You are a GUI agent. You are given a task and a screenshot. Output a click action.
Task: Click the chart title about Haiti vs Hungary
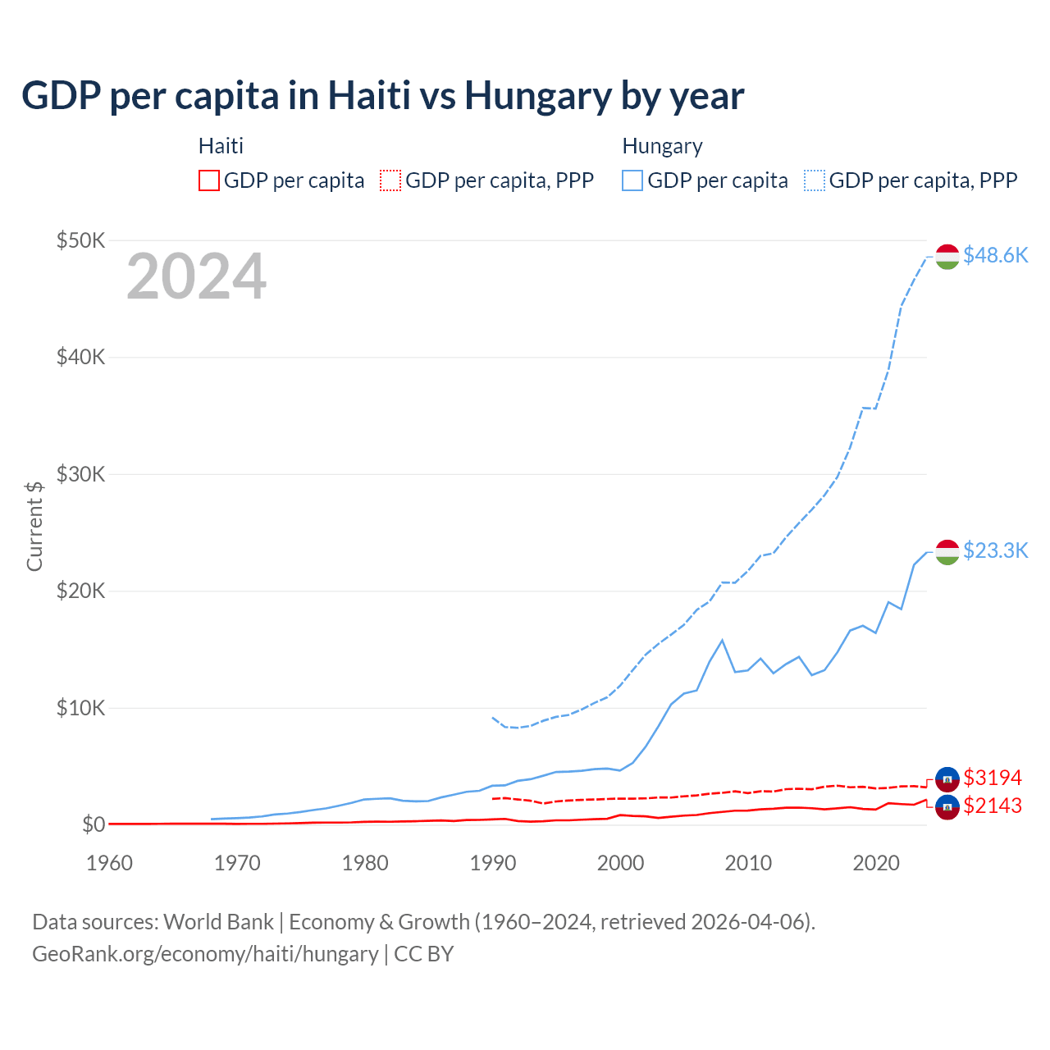point(382,96)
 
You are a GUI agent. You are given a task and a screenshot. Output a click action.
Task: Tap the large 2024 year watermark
point(196,276)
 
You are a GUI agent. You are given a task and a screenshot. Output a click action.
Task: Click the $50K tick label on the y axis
point(80,240)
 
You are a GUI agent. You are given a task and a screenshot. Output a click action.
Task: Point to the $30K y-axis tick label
point(80,474)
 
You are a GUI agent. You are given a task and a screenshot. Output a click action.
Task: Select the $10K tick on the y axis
point(80,708)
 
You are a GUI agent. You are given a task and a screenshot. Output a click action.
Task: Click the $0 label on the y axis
point(94,824)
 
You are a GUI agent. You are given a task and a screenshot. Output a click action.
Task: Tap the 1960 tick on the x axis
point(109,863)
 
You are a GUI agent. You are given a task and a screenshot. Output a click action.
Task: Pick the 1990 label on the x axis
point(493,863)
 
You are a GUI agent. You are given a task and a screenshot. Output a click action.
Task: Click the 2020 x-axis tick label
point(876,863)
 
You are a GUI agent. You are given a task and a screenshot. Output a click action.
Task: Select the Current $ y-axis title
point(34,526)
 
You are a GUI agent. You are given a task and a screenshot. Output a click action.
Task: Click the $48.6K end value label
point(995,255)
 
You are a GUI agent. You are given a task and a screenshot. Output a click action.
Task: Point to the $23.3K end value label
point(995,550)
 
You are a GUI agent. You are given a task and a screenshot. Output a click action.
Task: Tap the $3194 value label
point(993,778)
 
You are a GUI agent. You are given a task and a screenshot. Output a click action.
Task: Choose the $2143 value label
point(993,806)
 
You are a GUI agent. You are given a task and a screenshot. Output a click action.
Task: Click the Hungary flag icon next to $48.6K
point(947,256)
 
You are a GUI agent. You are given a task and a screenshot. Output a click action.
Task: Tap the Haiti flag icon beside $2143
point(947,807)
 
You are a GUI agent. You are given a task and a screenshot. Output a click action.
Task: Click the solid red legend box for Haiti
point(209,180)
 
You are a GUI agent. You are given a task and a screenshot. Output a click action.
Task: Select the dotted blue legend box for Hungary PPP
point(815,180)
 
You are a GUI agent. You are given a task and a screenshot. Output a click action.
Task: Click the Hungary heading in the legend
point(662,146)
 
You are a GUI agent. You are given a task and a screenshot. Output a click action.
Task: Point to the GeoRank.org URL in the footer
point(205,954)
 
